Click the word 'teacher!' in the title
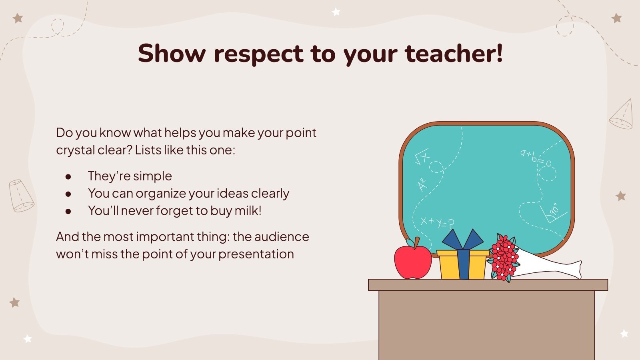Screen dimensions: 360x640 click(x=454, y=53)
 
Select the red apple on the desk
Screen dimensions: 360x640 click(x=412, y=262)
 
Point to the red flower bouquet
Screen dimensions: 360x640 click(x=503, y=258)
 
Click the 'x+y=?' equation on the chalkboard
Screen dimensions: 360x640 click(x=437, y=222)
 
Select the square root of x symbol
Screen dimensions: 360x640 click(x=422, y=157)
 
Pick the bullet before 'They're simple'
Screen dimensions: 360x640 click(x=68, y=176)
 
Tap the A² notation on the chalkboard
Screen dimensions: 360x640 click(x=422, y=185)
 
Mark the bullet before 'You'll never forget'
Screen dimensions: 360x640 click(x=68, y=211)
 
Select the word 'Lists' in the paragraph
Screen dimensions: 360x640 click(x=148, y=150)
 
